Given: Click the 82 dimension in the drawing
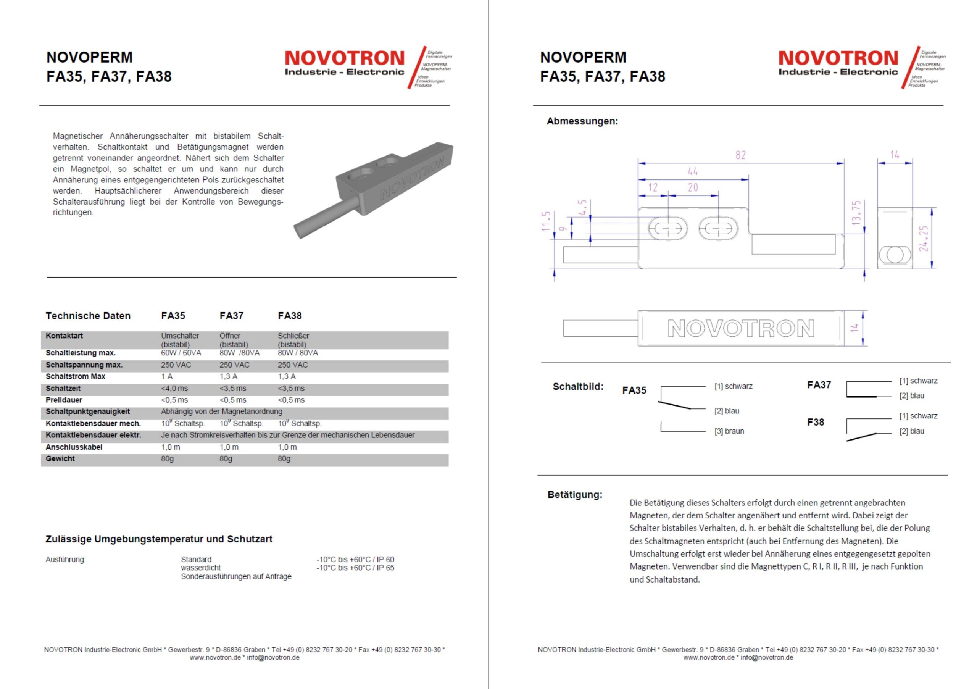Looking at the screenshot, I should tap(740, 155).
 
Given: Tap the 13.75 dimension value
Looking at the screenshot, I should tap(856, 212).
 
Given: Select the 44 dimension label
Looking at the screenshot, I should tap(693, 171).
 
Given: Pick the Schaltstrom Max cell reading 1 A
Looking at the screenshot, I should tap(167, 377).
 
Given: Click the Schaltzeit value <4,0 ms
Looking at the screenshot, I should tap(174, 389).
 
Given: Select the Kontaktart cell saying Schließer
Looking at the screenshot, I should tap(293, 336).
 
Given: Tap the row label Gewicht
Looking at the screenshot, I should tap(60, 459).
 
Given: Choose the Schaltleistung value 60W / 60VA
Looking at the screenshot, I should tap(181, 353).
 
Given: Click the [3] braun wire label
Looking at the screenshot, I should tap(729, 431).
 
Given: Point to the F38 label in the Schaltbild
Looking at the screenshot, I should tap(815, 422).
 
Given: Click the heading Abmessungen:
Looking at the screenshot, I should tap(582, 121).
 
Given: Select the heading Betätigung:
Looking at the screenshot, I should tap(574, 494).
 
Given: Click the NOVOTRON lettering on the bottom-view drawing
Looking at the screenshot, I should tap(741, 329).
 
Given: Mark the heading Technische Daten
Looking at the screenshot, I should tap(88, 316).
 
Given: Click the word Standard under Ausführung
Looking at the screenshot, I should tap(196, 559).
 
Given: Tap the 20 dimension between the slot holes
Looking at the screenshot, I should tap(693, 188).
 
